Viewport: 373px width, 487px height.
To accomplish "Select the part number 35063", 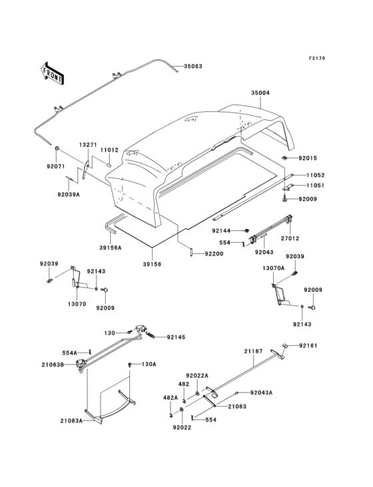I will [193, 67].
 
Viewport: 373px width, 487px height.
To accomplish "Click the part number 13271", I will [89, 144].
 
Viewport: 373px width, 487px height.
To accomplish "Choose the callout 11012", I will [109, 150].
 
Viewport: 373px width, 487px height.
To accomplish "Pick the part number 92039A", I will [68, 195].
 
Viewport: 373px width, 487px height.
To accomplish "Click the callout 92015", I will [309, 158].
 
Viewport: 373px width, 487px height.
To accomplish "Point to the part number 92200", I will [214, 253].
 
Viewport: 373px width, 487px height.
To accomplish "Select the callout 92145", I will [177, 337].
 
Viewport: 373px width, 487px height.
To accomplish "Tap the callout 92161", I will [308, 345].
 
